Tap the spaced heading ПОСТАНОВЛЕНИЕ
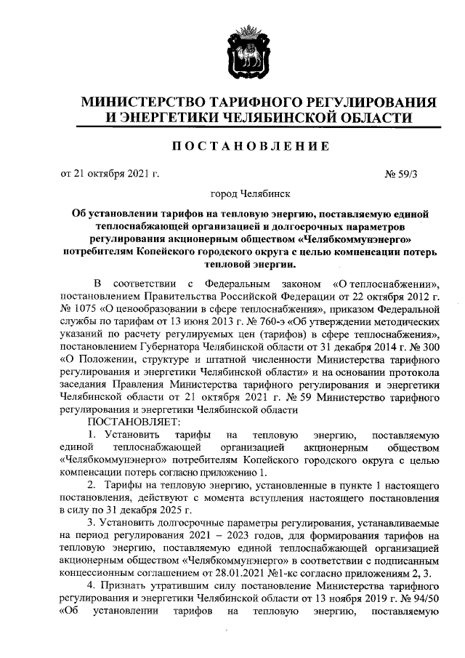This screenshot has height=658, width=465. (x=249, y=145)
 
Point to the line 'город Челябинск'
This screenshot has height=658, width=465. (x=250, y=195)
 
